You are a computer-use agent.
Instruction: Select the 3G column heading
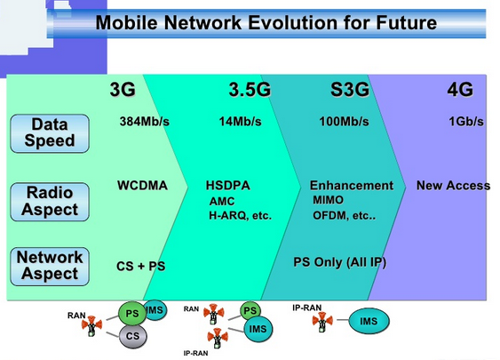123,89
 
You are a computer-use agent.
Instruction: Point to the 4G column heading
460,90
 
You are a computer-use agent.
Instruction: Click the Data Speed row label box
50,132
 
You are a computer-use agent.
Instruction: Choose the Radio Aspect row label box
50,201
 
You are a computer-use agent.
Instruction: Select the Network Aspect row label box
50,266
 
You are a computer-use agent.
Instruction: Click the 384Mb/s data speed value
145,122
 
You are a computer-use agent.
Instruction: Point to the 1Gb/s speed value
465,122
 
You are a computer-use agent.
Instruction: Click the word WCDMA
142,186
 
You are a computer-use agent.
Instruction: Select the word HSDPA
228,186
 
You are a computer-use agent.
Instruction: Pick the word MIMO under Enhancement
328,200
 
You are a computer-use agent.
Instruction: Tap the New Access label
453,186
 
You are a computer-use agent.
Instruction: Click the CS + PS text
141,265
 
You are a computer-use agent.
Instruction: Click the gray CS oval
131,335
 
